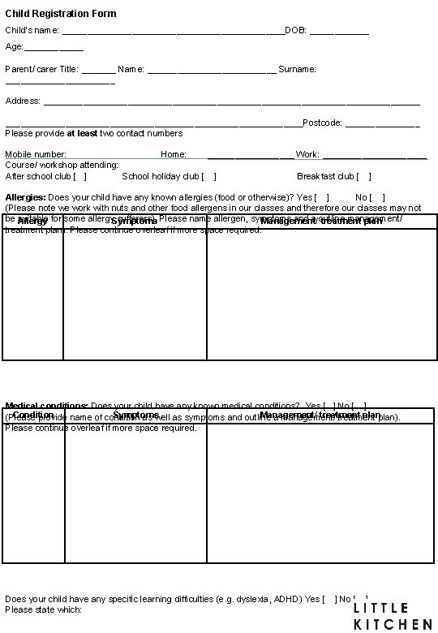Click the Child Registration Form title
tap(61, 14)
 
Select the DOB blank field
tap(339, 32)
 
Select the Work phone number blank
tap(374, 156)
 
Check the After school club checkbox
tap(80, 176)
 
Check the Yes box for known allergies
tap(322, 197)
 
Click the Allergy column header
tap(32, 222)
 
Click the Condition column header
tap(33, 416)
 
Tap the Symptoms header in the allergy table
tap(134, 222)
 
